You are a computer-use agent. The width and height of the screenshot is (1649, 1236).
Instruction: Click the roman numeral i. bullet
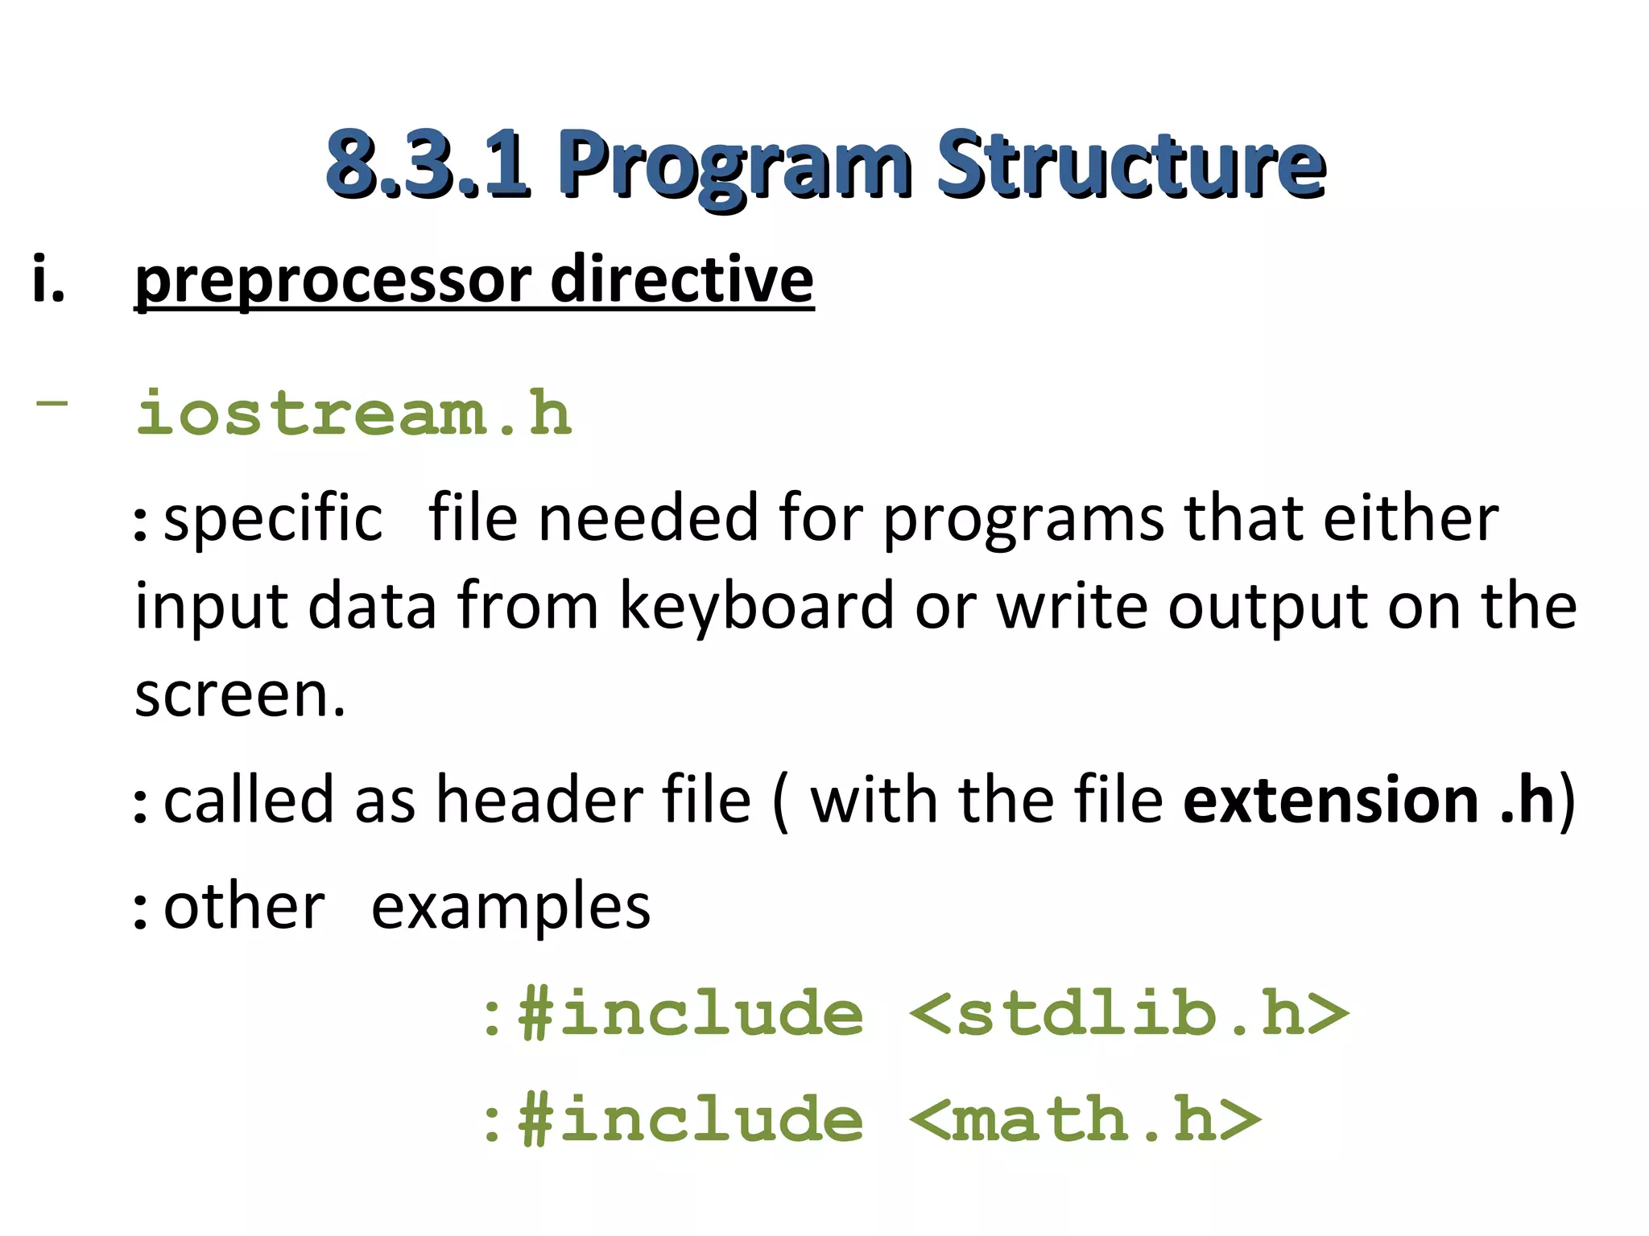tap(48, 279)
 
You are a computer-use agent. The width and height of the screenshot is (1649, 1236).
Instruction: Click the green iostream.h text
tap(353, 413)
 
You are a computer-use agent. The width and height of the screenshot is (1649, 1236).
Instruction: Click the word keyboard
tap(756, 605)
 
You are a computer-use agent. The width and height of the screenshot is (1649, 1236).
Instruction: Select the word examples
tap(510, 906)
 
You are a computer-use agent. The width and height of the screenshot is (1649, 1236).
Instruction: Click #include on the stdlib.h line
tap(690, 1013)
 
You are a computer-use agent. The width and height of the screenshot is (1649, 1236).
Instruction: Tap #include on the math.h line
tap(690, 1119)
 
